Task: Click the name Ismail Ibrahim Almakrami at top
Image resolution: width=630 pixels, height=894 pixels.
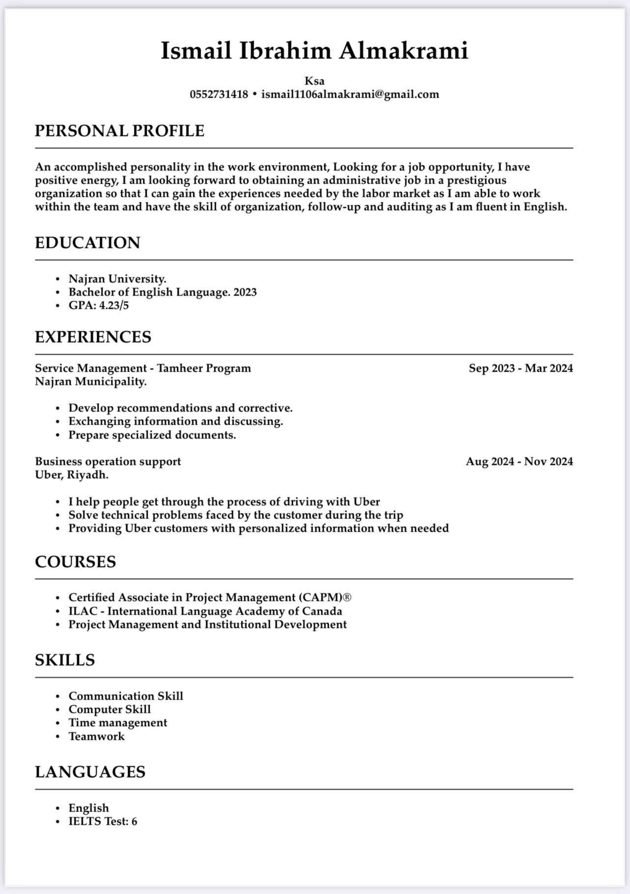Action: point(315,51)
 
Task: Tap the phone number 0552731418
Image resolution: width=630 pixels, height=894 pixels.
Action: point(219,94)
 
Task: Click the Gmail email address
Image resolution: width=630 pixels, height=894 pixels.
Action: point(350,94)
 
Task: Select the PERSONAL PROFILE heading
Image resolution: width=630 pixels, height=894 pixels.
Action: point(119,131)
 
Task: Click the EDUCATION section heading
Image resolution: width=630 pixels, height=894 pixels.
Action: point(87,243)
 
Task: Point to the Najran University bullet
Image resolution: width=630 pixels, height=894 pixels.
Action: point(117,279)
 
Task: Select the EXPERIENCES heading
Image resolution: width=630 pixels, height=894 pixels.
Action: point(93,337)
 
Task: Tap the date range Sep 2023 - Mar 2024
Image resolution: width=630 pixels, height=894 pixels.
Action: point(521,368)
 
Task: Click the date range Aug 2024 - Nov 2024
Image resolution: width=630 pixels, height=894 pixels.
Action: point(519,461)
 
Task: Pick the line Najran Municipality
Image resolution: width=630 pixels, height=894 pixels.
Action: point(91,381)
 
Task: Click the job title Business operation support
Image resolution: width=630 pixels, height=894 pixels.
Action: point(108,461)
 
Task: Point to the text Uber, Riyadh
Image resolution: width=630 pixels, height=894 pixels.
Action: point(72,475)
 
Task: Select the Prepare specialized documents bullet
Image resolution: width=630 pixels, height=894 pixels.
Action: point(152,435)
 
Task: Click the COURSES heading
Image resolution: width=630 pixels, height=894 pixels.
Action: point(75,562)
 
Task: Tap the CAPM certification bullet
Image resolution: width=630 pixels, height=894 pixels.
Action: point(210,597)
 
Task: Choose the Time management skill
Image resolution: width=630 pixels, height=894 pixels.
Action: point(118,723)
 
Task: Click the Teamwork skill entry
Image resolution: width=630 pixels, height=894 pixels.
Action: point(97,736)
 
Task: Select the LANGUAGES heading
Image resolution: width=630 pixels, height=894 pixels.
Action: point(90,772)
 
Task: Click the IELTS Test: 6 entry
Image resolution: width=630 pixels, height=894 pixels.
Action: point(103,821)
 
